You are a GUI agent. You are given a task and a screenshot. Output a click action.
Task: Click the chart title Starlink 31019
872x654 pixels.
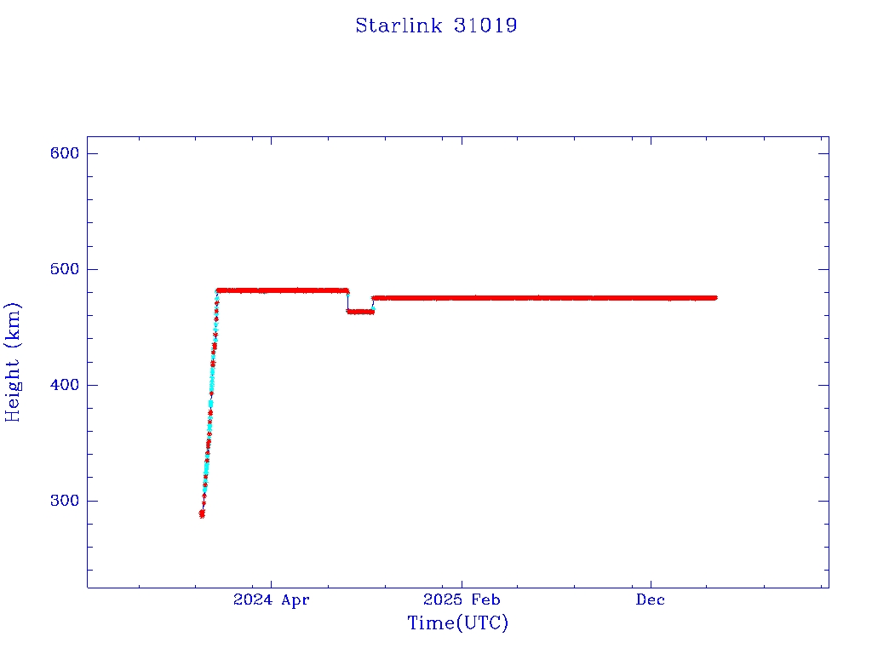pos(436,26)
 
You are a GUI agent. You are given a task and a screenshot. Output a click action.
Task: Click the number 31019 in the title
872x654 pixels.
pos(485,26)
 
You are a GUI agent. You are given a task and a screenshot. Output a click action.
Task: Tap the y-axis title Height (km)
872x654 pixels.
pos(14,361)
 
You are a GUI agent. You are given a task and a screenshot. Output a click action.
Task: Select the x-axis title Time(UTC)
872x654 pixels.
pos(457,623)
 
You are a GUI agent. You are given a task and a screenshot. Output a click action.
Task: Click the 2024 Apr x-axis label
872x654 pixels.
pos(272,600)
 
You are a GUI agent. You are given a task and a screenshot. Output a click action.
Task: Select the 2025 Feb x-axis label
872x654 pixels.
pos(462,600)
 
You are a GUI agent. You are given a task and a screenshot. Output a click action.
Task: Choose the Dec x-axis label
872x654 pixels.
pos(651,600)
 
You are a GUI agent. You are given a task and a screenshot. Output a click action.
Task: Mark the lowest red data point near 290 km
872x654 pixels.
pos(202,514)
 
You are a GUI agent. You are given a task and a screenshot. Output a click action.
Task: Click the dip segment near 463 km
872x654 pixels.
pos(360,312)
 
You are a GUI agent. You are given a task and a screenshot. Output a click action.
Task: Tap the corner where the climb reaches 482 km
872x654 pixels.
pos(218,291)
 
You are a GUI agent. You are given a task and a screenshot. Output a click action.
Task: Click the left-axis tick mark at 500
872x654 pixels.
pos(91,269)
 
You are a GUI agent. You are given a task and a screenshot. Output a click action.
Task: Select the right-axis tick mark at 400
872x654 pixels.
pos(823,385)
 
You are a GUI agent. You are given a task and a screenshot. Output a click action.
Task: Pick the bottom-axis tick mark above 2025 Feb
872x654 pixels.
pos(461,583)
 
